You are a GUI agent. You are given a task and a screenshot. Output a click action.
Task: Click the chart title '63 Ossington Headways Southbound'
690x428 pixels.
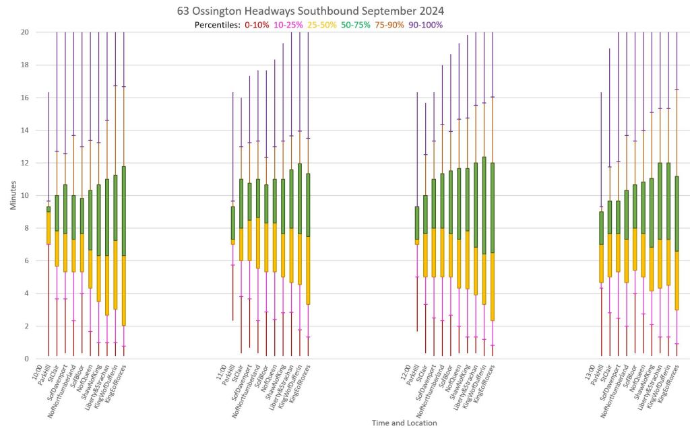click(x=311, y=11)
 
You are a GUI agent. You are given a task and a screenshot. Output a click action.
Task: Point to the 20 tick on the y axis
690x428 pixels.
click(x=24, y=32)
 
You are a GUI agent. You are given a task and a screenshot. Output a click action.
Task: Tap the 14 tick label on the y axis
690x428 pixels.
click(x=24, y=131)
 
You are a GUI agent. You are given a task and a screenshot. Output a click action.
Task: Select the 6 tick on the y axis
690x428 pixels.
click(x=26, y=261)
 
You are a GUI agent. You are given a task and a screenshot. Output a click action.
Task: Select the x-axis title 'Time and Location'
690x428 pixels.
click(x=404, y=423)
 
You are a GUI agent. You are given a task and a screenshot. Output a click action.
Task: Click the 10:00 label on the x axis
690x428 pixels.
click(x=42, y=369)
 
